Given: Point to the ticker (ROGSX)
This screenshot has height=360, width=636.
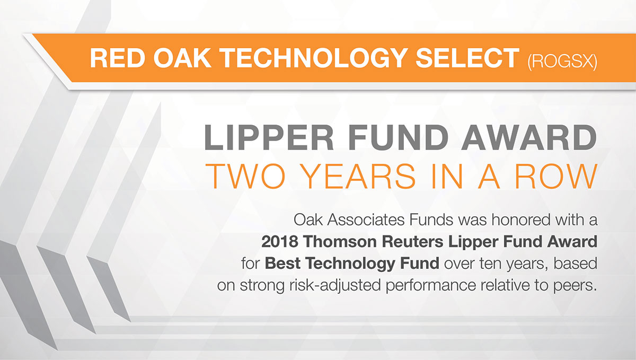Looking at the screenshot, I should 561,60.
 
